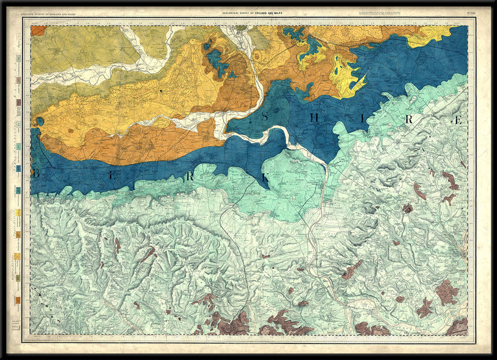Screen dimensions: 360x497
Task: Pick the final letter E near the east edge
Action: click(x=458, y=120)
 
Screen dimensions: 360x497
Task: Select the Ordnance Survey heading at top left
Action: click(x=53, y=13)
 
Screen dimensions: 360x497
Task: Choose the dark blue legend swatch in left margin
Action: click(x=19, y=168)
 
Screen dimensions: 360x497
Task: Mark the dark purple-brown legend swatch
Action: click(x=19, y=102)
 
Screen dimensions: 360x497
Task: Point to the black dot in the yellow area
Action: click(x=161, y=91)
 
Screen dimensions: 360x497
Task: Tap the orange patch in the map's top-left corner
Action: click(x=38, y=30)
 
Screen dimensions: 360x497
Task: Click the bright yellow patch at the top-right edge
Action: click(x=429, y=36)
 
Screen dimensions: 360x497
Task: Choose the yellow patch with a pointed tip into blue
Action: click(x=345, y=78)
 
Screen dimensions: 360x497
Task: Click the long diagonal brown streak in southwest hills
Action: click(x=147, y=254)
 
